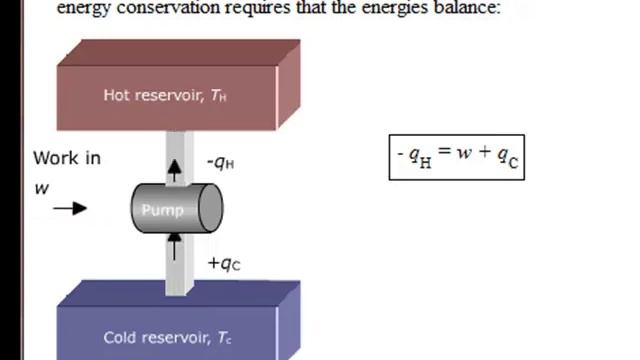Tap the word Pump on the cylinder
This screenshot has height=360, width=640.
(162, 210)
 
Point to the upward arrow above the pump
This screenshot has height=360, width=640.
(176, 169)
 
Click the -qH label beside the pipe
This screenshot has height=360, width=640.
(220, 163)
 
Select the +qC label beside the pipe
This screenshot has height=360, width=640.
(224, 264)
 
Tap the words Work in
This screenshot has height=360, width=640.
(67, 158)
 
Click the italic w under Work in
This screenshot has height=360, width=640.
(42, 187)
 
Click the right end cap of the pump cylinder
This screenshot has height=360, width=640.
(211, 209)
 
